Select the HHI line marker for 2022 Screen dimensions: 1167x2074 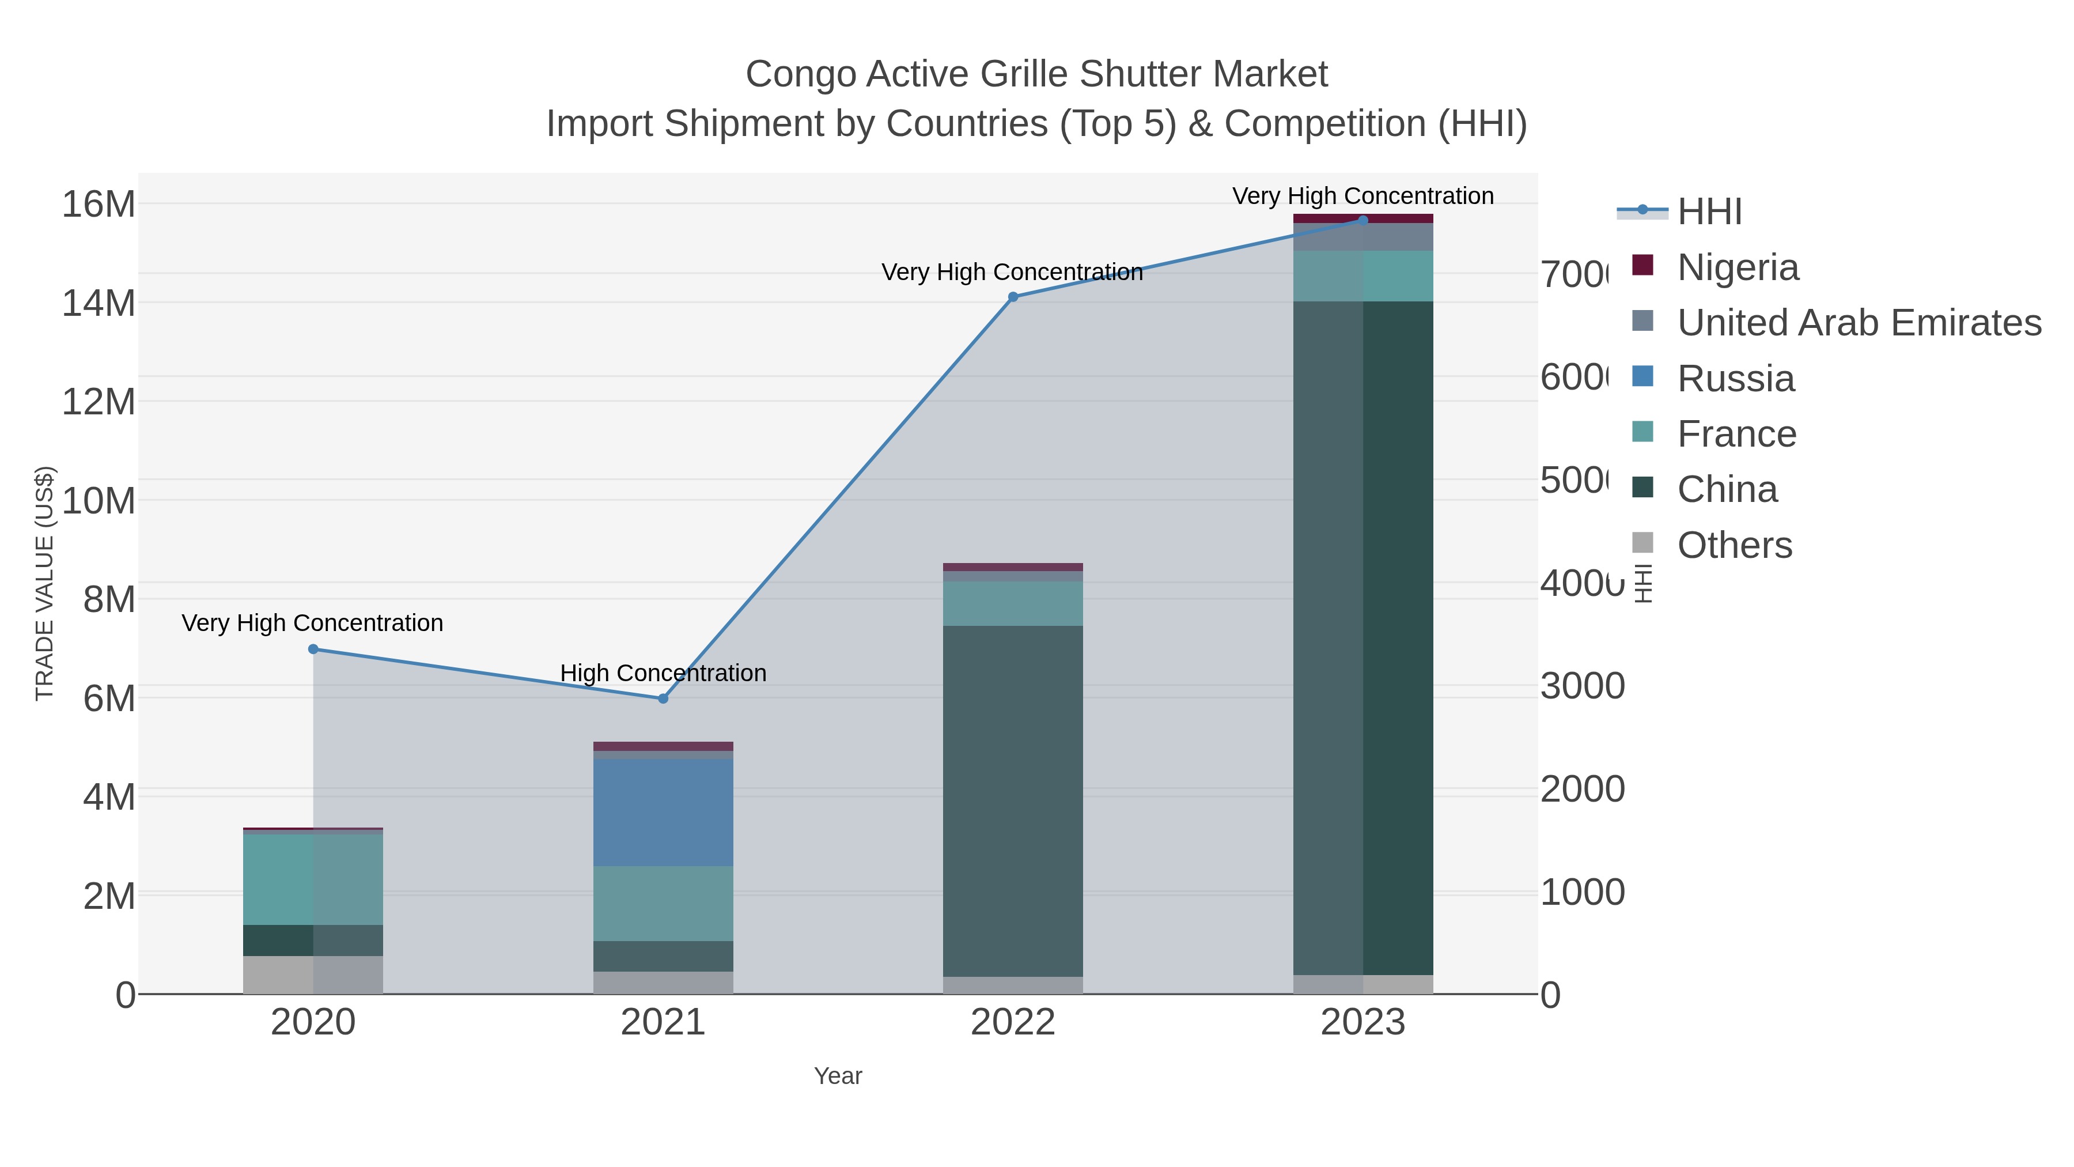pyautogui.click(x=1013, y=297)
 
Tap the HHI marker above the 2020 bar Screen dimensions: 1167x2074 pyautogui.click(x=313, y=649)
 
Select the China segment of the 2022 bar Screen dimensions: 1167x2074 pyautogui.click(x=1013, y=802)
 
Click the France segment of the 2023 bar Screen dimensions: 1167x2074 pyautogui.click(x=1363, y=276)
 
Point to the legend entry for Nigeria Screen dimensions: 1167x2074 pyautogui.click(x=1738, y=267)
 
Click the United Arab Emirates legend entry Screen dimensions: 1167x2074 pyautogui.click(x=1858, y=322)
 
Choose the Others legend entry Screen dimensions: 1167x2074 pyautogui.click(x=1734, y=545)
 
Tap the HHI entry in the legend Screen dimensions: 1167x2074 pyautogui.click(x=1709, y=212)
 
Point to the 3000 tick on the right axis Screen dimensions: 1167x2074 pyautogui.click(x=1582, y=686)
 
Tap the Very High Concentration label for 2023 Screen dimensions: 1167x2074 pyautogui.click(x=1363, y=196)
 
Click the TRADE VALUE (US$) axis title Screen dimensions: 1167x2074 pyautogui.click(x=44, y=583)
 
